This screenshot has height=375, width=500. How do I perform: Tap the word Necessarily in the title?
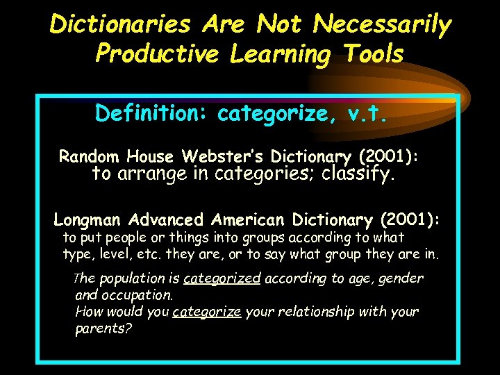(382, 24)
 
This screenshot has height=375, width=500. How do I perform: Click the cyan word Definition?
(153, 112)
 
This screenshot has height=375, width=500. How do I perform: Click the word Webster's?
(226, 156)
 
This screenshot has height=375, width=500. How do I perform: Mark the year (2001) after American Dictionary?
(410, 220)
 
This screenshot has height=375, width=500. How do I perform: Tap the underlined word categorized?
(222, 278)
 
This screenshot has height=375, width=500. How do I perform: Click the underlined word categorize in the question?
(207, 312)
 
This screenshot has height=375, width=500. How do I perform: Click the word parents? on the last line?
(103, 328)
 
